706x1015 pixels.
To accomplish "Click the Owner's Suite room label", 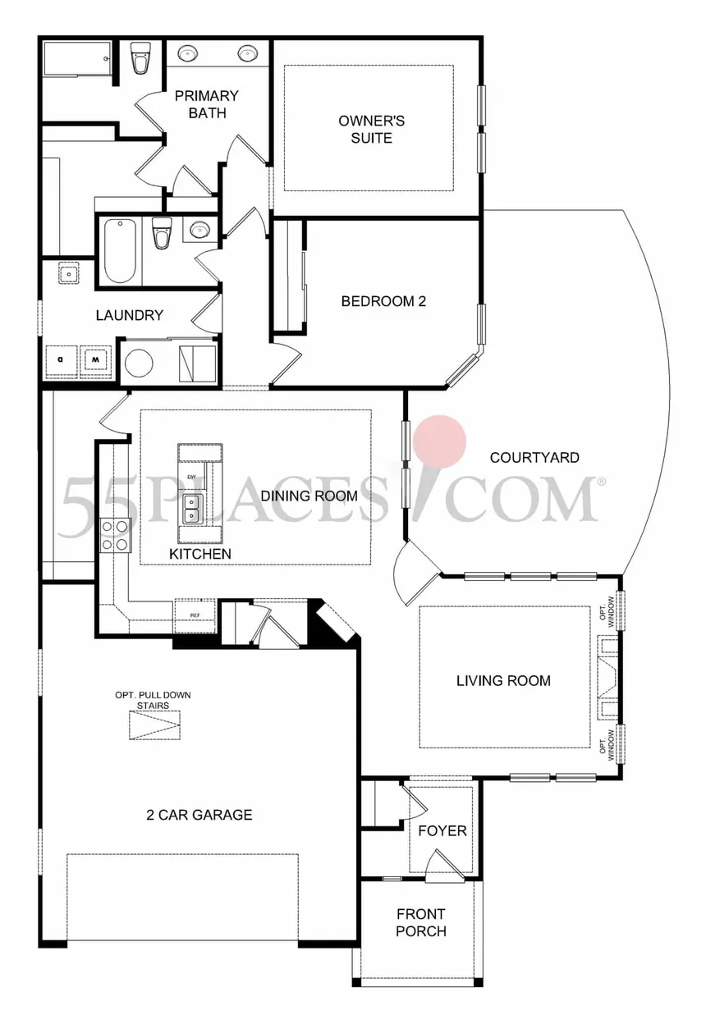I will [x=371, y=130].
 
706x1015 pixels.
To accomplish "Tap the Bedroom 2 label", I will [x=383, y=301].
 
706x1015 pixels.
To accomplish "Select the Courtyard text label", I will [x=534, y=457].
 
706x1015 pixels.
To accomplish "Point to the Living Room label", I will [x=503, y=680].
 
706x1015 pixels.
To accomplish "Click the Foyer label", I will [x=442, y=830].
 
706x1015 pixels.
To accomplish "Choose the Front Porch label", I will [x=421, y=922].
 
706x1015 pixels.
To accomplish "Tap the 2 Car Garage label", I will [x=199, y=815].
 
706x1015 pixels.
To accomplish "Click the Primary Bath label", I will [x=207, y=104].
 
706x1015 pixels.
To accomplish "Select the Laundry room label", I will [x=130, y=315].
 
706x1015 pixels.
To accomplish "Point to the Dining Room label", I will [x=309, y=496].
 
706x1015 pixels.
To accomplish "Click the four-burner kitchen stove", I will [x=115, y=534].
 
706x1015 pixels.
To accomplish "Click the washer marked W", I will [x=95, y=359].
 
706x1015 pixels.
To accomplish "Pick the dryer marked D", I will [x=60, y=359].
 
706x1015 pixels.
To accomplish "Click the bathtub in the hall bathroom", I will [x=120, y=250].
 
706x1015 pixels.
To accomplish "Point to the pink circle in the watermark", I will [x=439, y=440].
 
